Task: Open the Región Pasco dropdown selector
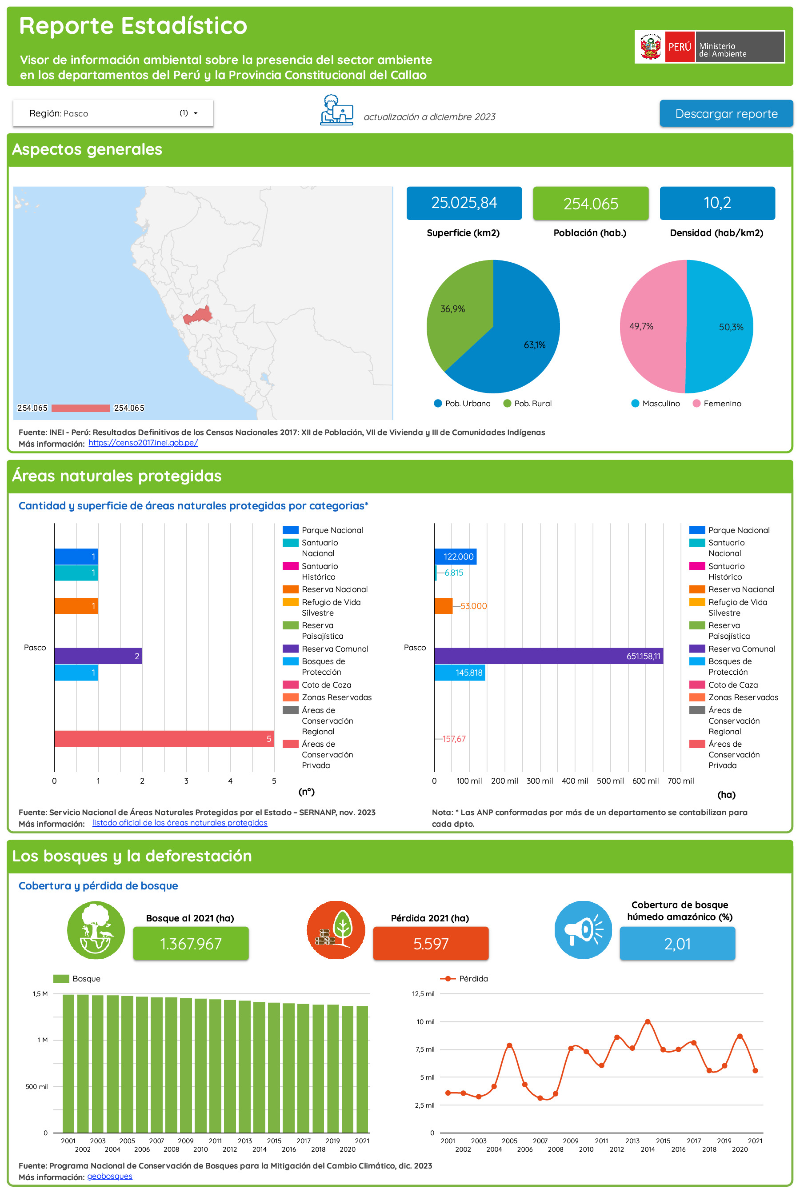coord(113,113)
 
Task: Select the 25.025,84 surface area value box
coord(463,203)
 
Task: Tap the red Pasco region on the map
coord(198,316)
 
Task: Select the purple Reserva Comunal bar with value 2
coord(97,656)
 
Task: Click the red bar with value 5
coord(163,738)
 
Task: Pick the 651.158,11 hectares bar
coord(548,656)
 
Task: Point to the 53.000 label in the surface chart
coord(473,606)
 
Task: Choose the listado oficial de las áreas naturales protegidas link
coord(180,823)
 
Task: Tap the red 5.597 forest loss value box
coord(431,944)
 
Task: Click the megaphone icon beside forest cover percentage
coord(583,930)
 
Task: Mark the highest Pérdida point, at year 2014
coord(648,1021)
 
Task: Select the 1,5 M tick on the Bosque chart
coord(40,993)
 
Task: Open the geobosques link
coord(110,1176)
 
